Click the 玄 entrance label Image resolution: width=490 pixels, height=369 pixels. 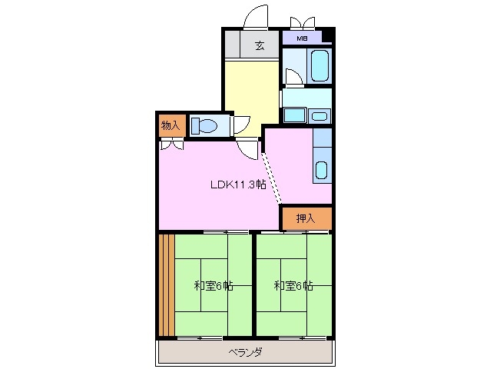coord(260,45)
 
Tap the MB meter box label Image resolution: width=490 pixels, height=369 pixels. coord(302,36)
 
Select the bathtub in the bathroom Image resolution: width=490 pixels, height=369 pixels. coord(319,65)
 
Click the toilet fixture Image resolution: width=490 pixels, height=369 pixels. coord(205,125)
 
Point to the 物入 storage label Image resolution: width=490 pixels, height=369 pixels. coord(171,125)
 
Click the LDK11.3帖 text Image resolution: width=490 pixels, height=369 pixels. coord(239,184)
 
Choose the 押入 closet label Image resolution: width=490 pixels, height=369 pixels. coord(306,219)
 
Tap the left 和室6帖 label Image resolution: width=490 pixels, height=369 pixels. coord(213,286)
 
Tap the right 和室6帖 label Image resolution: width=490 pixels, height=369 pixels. coord(293,286)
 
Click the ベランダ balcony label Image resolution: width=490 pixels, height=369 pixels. coord(246,353)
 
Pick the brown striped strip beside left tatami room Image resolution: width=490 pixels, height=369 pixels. coord(166,285)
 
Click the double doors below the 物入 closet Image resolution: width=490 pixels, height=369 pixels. coord(171,144)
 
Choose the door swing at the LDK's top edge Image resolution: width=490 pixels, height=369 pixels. coord(247,148)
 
